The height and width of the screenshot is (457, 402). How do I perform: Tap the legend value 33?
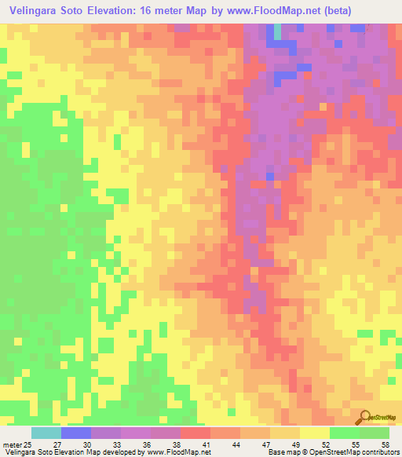click(x=119, y=444)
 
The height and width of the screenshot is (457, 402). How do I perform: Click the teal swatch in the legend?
click(x=46, y=433)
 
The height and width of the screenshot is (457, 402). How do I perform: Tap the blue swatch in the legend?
click(x=75, y=433)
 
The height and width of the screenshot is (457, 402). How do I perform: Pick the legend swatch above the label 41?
click(x=195, y=433)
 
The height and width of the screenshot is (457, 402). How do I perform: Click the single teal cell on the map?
click(x=277, y=31)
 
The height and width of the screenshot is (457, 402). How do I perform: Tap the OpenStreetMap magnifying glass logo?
click(x=366, y=417)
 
